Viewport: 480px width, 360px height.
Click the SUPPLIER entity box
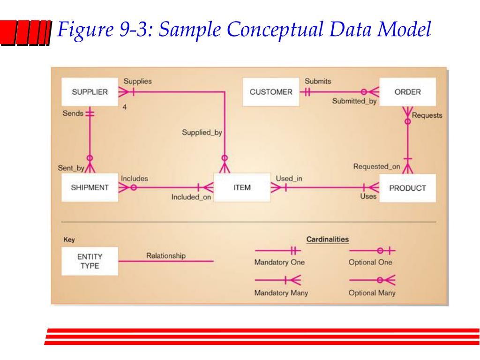coord(90,92)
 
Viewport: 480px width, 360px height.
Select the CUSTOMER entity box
coord(270,92)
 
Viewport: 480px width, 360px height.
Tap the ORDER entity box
coord(407,92)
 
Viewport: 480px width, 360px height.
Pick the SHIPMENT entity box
coord(90,187)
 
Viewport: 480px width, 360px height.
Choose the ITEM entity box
coord(242,187)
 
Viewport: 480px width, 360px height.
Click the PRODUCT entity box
coord(407,188)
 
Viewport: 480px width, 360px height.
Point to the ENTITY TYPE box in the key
coord(90,262)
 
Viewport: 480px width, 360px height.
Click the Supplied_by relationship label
coord(202,133)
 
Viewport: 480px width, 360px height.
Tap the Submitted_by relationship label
coord(354,100)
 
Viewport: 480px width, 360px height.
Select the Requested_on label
coord(377,166)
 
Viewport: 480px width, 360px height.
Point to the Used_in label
coord(289,179)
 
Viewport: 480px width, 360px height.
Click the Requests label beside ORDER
coord(427,115)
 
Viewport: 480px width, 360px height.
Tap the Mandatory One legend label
coord(279,262)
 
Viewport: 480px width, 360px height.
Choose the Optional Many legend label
coord(372,293)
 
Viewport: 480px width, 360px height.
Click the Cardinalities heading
coord(327,240)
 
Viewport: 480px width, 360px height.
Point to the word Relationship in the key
coord(166,256)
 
